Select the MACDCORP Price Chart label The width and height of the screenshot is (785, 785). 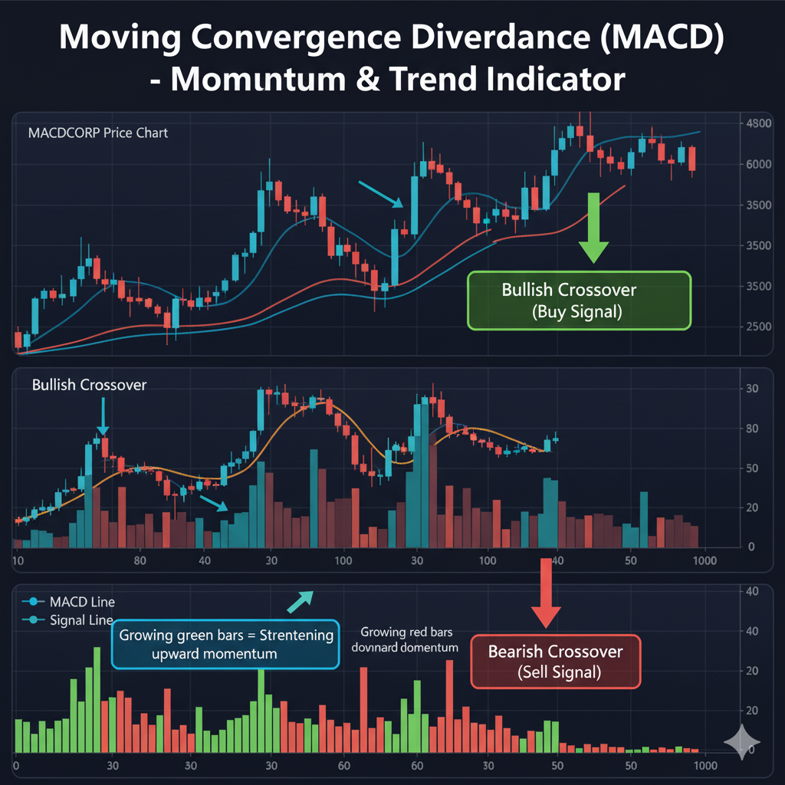(x=98, y=133)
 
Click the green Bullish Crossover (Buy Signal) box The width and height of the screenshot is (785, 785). (x=579, y=301)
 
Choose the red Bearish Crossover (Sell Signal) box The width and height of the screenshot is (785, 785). (x=556, y=662)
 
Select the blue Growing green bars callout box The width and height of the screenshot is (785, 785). (x=225, y=644)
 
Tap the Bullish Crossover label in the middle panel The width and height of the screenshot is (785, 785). (x=89, y=385)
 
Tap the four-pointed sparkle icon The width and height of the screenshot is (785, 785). (x=741, y=742)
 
